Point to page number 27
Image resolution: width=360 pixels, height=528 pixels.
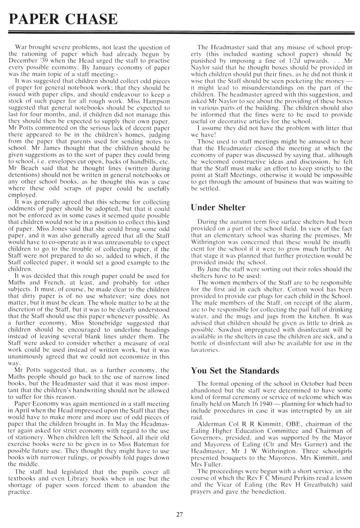[180, 514]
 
